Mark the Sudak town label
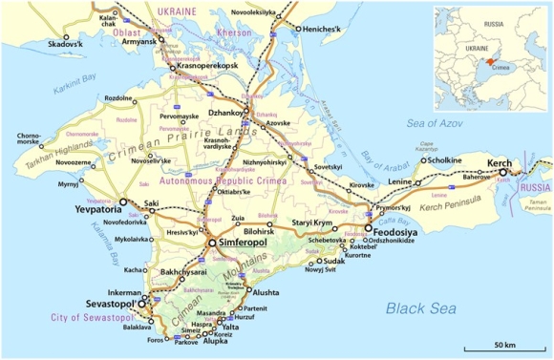pyautogui.click(x=338, y=260)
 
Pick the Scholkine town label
pyautogui.click(x=446, y=159)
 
